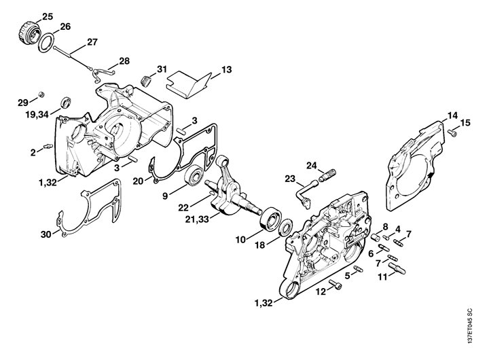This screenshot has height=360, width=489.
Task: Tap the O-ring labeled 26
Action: point(46,43)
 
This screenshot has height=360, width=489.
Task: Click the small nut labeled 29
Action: point(41,92)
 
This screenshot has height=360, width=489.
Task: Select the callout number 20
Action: point(138,181)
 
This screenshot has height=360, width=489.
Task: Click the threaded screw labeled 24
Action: point(328,174)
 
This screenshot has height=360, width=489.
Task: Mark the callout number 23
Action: point(290,180)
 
